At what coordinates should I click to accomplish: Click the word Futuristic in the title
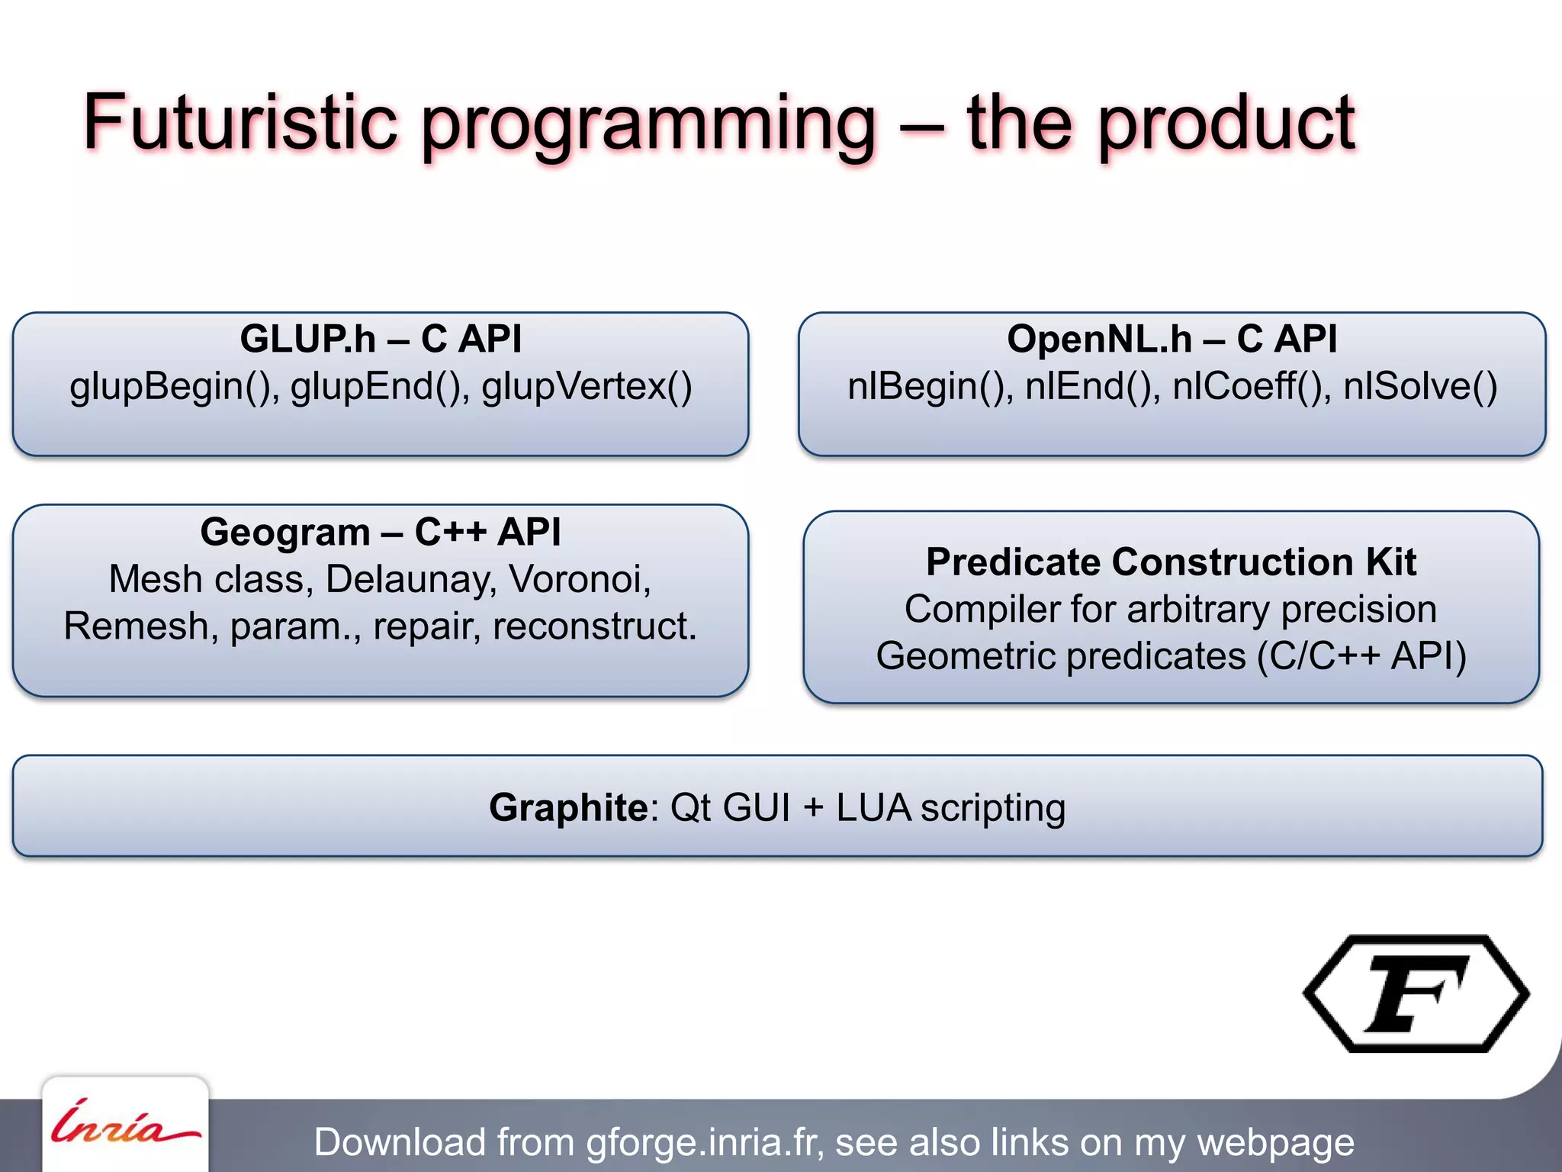coord(240,122)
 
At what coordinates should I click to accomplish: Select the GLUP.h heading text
coord(308,339)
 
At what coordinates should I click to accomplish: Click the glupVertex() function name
coord(587,386)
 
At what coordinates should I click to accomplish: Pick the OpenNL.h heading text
coord(1099,339)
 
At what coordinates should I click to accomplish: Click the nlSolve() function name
coord(1420,386)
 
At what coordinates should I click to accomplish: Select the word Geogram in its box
coord(285,532)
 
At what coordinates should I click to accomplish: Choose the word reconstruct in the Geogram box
coord(593,626)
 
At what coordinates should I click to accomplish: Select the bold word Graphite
coord(568,807)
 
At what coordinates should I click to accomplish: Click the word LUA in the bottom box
coord(873,807)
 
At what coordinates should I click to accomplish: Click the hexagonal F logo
coord(1416,993)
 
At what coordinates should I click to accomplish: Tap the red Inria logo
coord(125,1124)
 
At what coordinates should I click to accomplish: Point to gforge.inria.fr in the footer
coord(705,1142)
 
